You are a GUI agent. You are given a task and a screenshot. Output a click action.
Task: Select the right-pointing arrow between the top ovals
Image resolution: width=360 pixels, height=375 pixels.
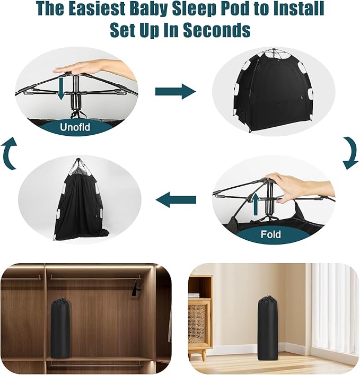175,91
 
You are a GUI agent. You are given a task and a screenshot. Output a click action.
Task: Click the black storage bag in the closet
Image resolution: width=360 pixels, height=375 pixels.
60,328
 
